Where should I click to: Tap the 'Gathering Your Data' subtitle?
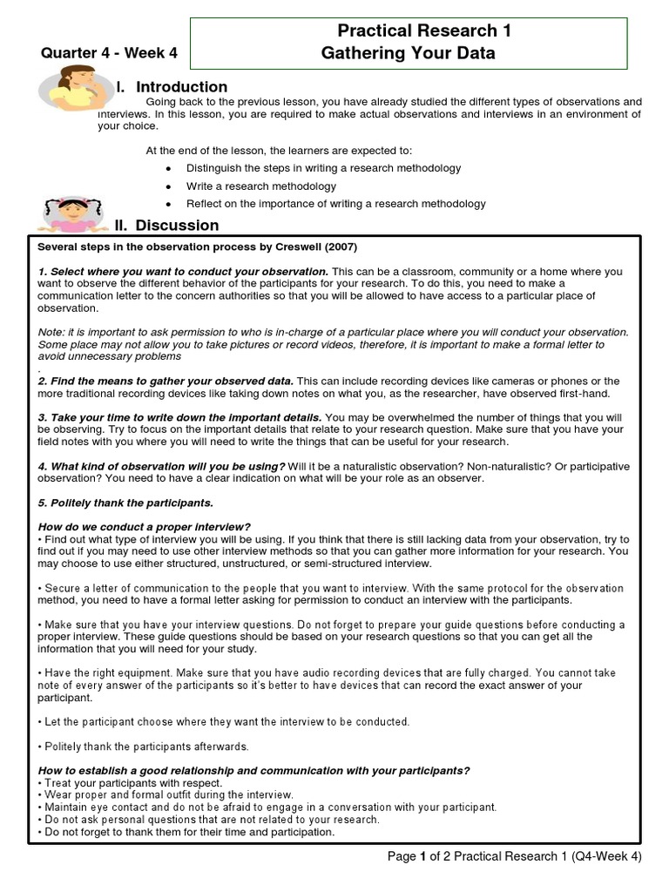coord(409,53)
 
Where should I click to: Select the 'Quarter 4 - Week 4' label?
coord(110,54)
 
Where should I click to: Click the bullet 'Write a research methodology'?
coord(260,186)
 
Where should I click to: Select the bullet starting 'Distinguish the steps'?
coord(323,168)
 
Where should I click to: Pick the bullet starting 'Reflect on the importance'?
coord(335,204)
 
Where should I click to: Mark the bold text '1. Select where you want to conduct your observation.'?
coord(183,272)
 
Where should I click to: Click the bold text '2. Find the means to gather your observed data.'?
coord(166,382)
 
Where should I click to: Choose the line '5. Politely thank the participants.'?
coord(125,503)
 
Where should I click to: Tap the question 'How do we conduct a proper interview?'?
coord(145,527)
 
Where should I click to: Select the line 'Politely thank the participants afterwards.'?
coord(145,747)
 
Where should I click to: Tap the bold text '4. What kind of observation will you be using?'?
coord(161,467)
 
